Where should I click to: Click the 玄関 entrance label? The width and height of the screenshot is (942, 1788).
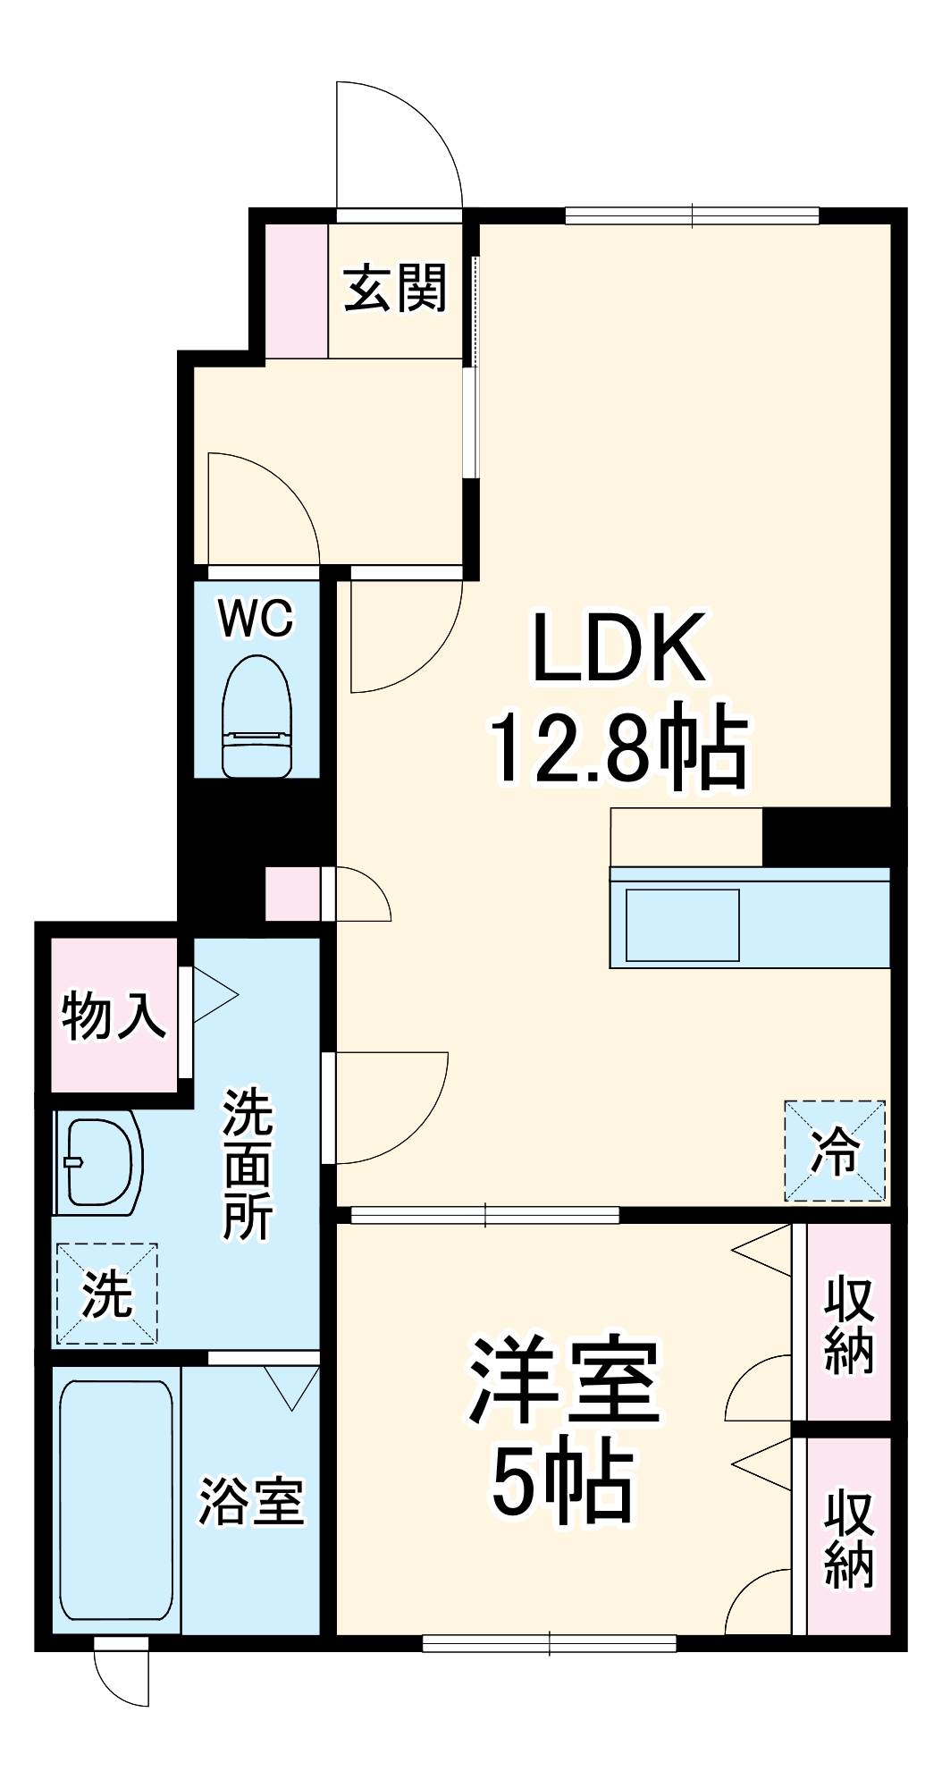395,289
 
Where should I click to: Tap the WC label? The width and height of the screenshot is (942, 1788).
257,618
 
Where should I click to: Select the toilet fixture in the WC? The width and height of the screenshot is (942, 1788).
257,716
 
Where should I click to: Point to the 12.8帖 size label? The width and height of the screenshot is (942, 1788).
618,746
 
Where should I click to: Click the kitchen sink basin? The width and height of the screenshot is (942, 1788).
682,924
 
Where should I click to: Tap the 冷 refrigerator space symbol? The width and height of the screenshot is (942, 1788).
835,1151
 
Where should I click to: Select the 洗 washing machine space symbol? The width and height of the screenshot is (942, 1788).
106,1294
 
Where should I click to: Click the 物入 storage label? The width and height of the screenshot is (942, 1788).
114,1016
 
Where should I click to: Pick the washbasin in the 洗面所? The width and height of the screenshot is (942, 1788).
98,1163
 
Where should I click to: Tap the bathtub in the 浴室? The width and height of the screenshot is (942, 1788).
116,1500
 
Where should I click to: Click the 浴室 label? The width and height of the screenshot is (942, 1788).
251,1501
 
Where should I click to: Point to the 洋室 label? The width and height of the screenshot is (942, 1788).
564,1380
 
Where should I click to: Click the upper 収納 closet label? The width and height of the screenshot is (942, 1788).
848,1324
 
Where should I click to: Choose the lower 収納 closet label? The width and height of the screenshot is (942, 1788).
848,1539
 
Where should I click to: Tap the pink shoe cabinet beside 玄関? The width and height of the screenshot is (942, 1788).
297,291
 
